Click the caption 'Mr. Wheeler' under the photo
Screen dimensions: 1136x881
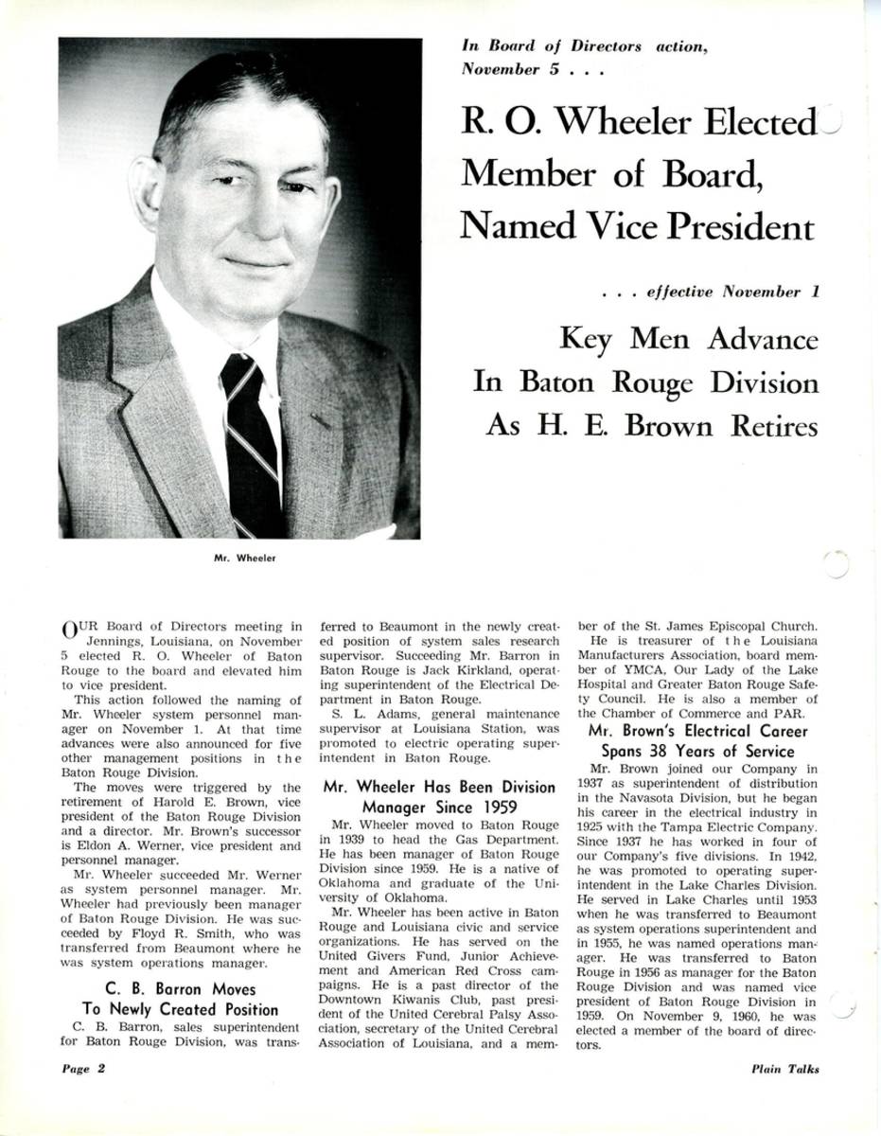[245, 558]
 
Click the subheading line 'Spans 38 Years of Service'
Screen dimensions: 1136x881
[691, 752]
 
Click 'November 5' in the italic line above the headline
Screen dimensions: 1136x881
[502, 69]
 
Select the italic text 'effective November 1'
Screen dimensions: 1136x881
[732, 293]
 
